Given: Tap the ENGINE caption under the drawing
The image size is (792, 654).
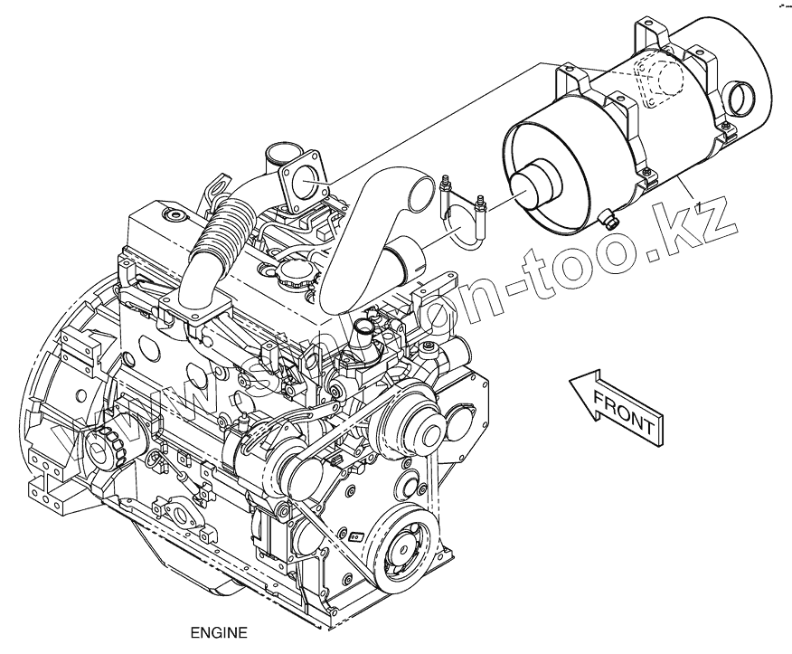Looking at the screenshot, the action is pyautogui.click(x=218, y=633).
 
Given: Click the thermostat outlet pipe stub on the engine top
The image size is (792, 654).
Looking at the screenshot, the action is pyautogui.click(x=368, y=322).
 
